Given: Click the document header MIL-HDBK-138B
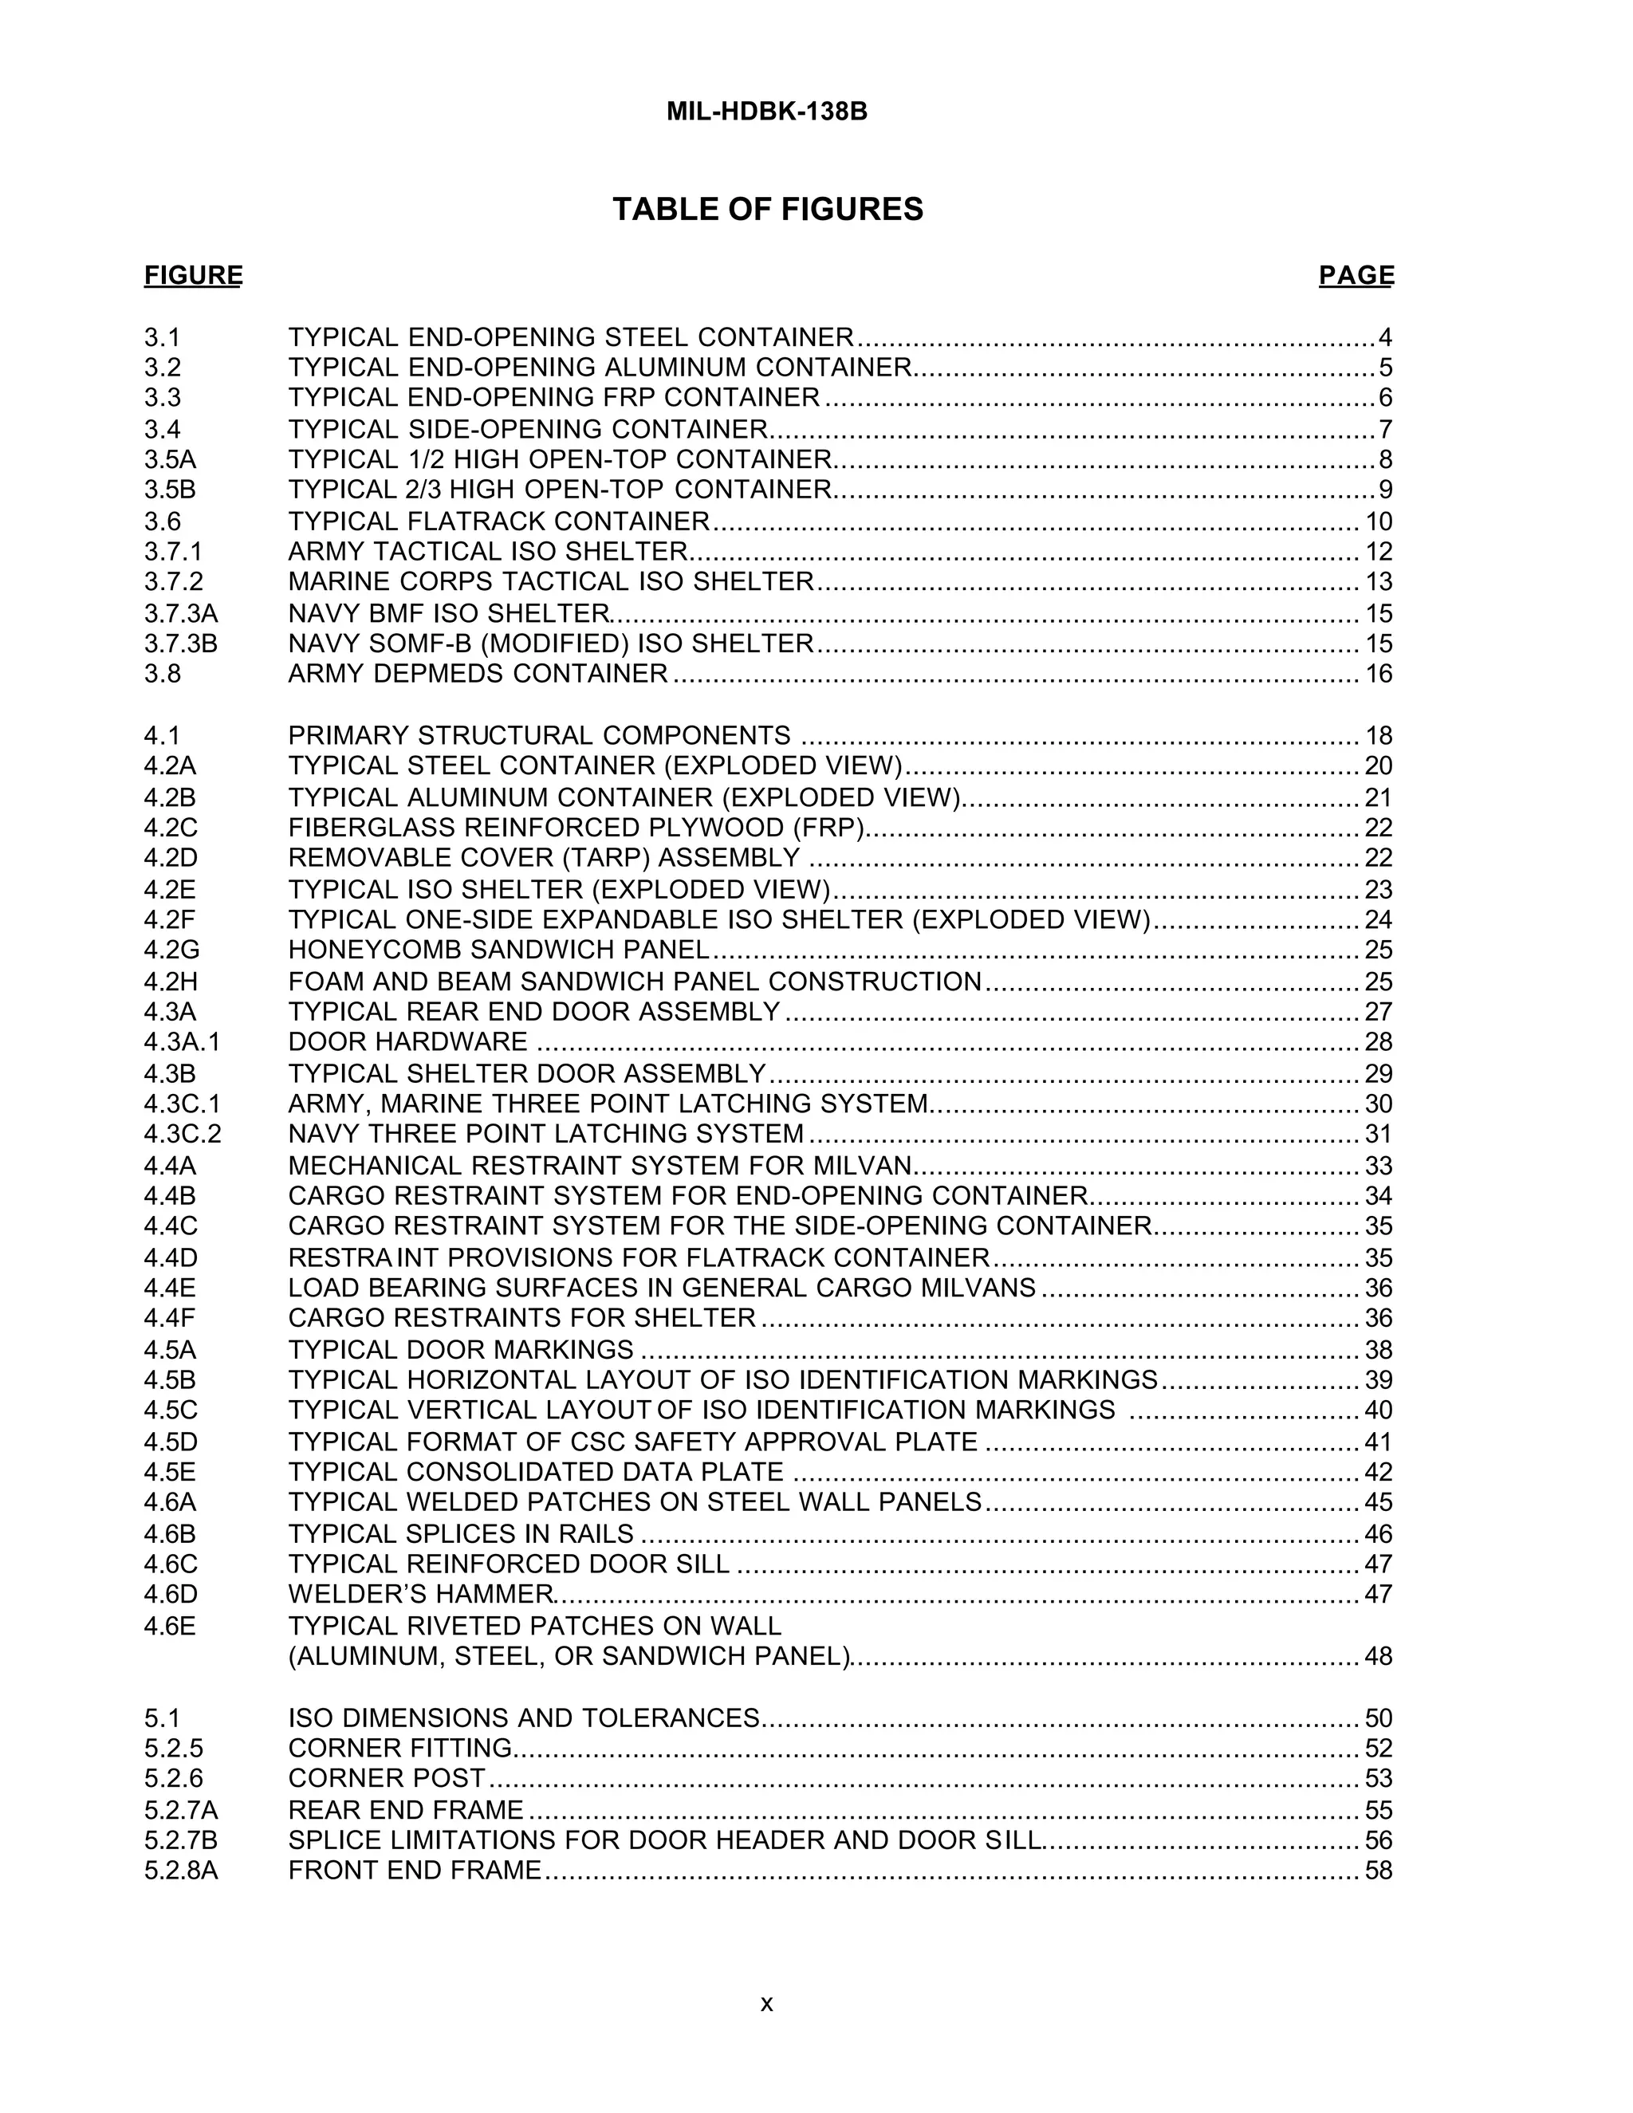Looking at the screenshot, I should tap(766, 112).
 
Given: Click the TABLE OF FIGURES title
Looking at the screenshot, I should tap(767, 209).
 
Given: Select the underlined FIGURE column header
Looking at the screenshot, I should tap(194, 276).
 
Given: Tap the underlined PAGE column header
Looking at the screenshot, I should tap(1356, 276).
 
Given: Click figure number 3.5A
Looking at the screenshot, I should tap(171, 458).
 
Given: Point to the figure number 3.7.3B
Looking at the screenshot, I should tap(181, 643).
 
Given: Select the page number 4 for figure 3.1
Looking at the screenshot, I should tap(1385, 337).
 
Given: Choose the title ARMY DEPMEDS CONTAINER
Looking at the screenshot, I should tap(478, 674).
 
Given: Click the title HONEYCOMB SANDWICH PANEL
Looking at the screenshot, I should tap(498, 949).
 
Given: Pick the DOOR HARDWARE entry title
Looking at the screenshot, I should tap(408, 1041).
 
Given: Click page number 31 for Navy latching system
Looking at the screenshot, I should tap(1379, 1134).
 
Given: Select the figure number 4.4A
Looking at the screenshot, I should tap(171, 1166).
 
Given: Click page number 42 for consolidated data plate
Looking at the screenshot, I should tap(1379, 1472).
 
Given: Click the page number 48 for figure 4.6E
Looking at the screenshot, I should tap(1379, 1656).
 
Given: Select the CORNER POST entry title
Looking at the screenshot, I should tap(387, 1778).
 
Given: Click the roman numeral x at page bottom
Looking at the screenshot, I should tap(766, 2003).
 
